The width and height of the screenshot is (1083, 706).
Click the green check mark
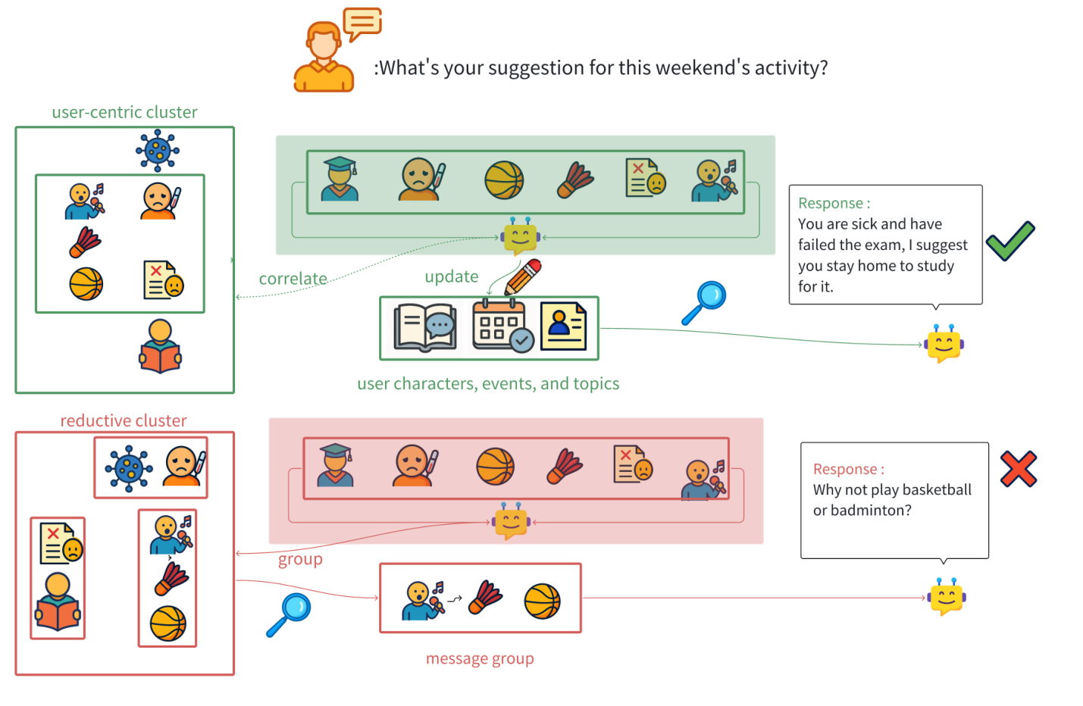coord(1010,241)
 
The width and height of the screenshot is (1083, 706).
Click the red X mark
coord(1018,468)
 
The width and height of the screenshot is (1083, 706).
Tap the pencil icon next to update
coord(523,277)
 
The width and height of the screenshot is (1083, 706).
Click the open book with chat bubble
coord(424,327)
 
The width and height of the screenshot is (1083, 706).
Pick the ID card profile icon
coord(563,326)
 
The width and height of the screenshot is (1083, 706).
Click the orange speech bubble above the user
coord(362,23)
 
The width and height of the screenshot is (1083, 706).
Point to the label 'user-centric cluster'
coord(124,112)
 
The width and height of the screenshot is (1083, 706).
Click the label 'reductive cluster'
coord(124,420)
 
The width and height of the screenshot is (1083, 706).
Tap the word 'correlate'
coord(293,279)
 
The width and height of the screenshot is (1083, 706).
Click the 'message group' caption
coord(480,658)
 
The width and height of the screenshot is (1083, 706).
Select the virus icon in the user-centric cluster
coord(157,150)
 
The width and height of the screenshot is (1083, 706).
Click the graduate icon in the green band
coord(339,179)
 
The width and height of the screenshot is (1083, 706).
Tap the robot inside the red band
coord(511,521)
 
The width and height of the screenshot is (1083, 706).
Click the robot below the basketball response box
coord(946,597)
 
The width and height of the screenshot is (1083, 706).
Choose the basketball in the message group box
coord(542,601)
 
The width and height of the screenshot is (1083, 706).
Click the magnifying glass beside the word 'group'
coord(290,614)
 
